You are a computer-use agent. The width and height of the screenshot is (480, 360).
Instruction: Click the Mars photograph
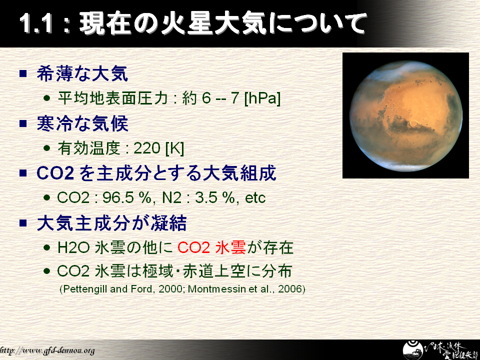[405, 115]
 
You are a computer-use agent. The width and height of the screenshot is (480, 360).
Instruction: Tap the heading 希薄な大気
[82, 74]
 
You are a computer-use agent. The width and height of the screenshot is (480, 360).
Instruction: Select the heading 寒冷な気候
[82, 123]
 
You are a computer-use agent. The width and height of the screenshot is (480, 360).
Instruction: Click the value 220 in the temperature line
[147, 148]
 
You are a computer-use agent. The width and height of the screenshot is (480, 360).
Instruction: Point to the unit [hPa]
[262, 98]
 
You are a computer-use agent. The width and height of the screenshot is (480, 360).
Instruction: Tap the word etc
[255, 198]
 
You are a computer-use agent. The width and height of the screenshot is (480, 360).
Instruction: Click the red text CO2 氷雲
[211, 247]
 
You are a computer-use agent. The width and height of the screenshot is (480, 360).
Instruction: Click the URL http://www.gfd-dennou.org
[47, 350]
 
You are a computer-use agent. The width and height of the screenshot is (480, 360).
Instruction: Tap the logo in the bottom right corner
[440, 350]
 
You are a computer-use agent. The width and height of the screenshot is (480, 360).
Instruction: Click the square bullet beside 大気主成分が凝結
[23, 222]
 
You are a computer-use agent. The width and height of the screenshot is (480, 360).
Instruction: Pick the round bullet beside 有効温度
[47, 148]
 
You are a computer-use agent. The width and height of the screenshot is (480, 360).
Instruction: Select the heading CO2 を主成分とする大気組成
[156, 173]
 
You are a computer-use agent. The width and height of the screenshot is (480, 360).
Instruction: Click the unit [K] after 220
[175, 148]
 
